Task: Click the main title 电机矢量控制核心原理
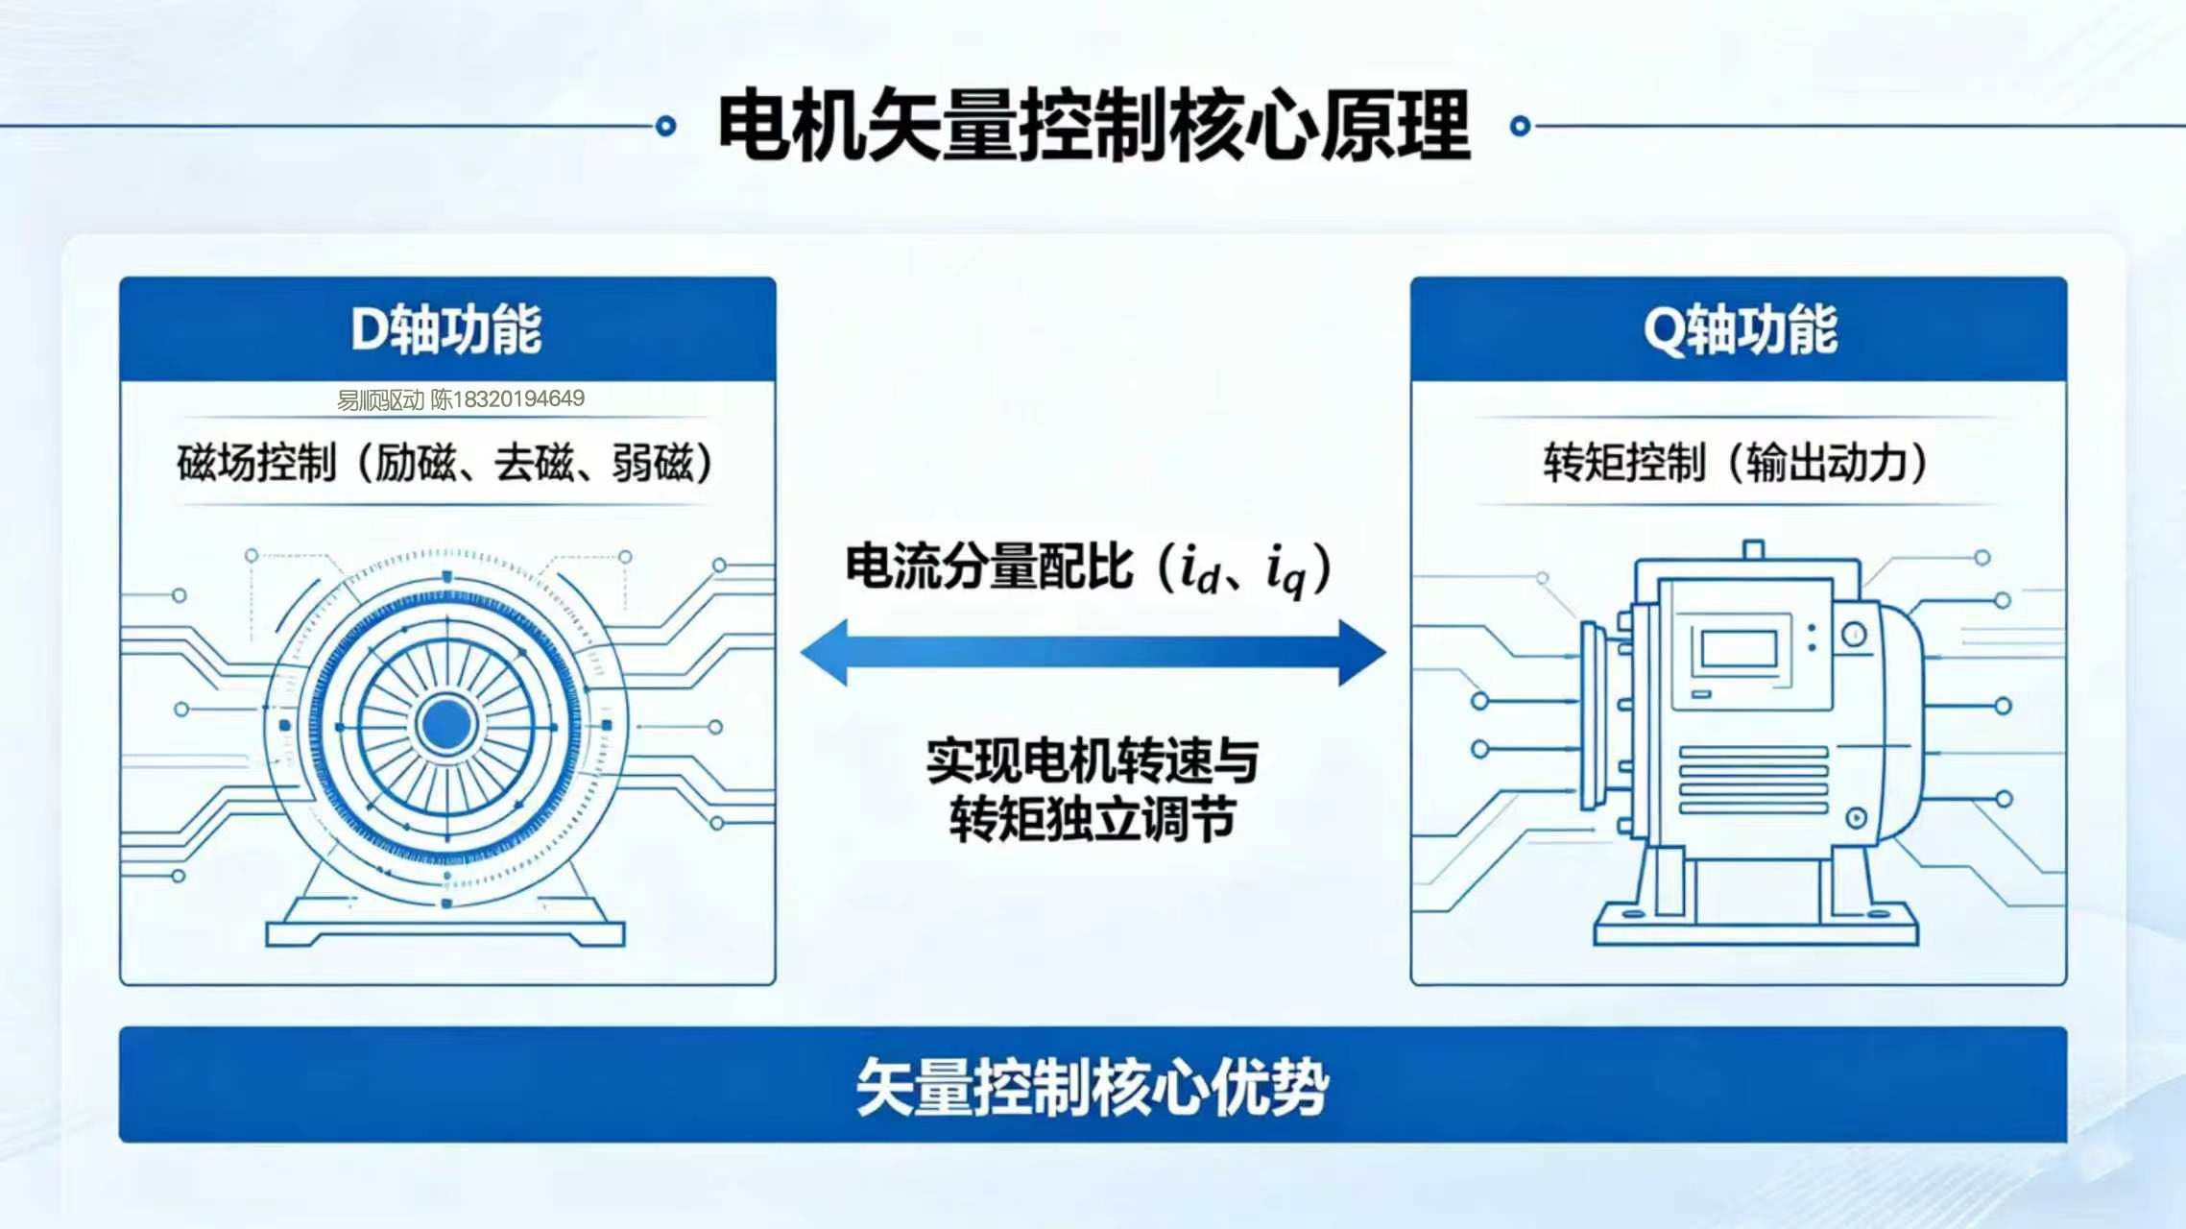pos(1094,125)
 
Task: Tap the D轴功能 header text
pos(446,329)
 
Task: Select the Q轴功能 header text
pos(1740,329)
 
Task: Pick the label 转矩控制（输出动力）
pos(1736,463)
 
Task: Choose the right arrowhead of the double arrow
pos(1362,653)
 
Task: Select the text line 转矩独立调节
pos(1093,819)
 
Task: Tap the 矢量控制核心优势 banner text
pos(1093,1087)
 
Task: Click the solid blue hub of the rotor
pos(446,724)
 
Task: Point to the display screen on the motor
pos(1739,649)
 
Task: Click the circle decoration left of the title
pos(665,126)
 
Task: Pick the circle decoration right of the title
pos(1521,126)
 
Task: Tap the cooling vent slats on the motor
pos(1753,780)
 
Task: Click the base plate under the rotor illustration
pos(445,933)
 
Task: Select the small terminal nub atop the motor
pos(1753,549)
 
